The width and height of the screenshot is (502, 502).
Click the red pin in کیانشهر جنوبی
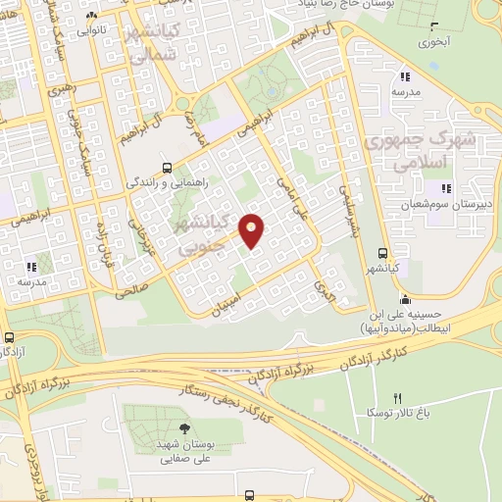pos(252,230)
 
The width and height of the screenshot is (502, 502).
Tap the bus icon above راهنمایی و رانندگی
pos(168,166)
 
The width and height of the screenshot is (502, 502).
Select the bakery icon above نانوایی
pos(91,17)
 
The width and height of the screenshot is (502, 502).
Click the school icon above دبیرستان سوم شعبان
pos(446,187)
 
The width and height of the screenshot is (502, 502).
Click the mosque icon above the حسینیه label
pos(404,299)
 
